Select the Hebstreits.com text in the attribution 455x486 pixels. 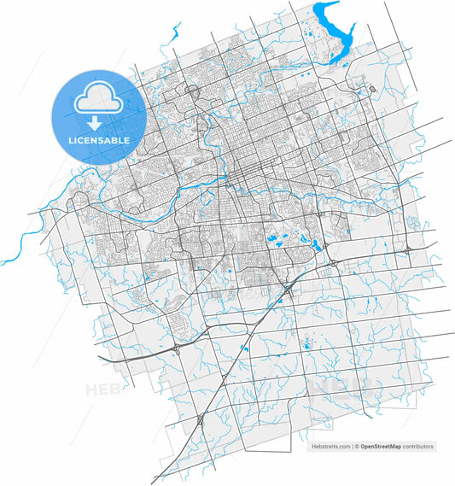tap(330, 447)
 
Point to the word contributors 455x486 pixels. tap(417, 447)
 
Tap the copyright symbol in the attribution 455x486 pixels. tap(357, 447)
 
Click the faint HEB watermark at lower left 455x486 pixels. tap(100, 389)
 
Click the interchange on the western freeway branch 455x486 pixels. tap(177, 348)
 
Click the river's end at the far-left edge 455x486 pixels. tap(3, 261)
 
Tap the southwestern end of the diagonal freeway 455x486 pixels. tap(155, 480)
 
